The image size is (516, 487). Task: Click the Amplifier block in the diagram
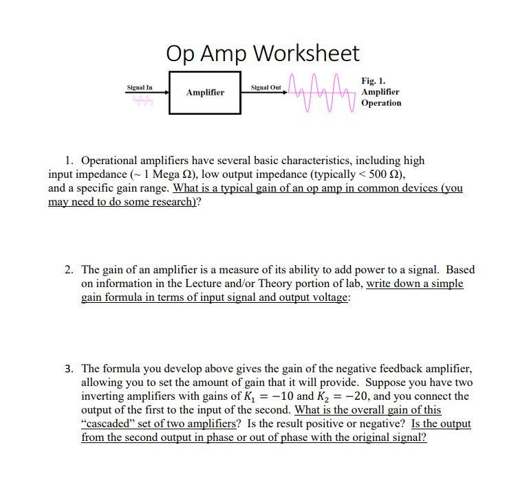[205, 92]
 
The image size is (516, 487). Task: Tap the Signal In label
[140, 88]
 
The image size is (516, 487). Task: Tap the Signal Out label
[266, 88]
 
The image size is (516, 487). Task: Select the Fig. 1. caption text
[374, 80]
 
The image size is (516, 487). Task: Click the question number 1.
[69, 161]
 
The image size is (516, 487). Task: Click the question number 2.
[69, 270]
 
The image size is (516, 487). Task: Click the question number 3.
[69, 369]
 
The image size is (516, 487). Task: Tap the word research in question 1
[164, 203]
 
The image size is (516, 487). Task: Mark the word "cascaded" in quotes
[108, 424]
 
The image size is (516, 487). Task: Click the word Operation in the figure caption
[381, 103]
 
